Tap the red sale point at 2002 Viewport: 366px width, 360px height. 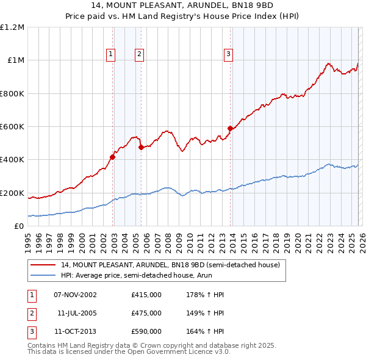(113, 157)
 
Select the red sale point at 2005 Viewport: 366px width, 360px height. (141, 147)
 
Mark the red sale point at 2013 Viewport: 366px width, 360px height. (230, 128)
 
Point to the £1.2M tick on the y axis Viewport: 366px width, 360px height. (12, 27)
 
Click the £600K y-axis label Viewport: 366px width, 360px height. (12, 127)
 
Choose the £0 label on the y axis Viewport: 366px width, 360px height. (18, 226)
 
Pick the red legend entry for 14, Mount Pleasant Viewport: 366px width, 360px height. (170, 265)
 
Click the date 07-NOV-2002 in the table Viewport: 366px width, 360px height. (75, 295)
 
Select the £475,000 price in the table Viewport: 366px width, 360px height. (146, 313)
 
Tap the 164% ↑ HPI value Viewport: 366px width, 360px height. (206, 331)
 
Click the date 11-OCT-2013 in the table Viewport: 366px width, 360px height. (75, 331)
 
